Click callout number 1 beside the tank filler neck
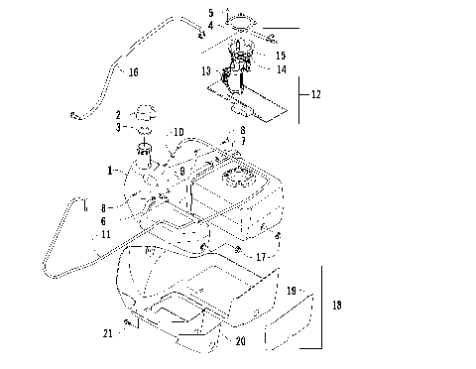point(110,171)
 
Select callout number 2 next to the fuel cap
point(117,114)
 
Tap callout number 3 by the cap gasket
point(117,127)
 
